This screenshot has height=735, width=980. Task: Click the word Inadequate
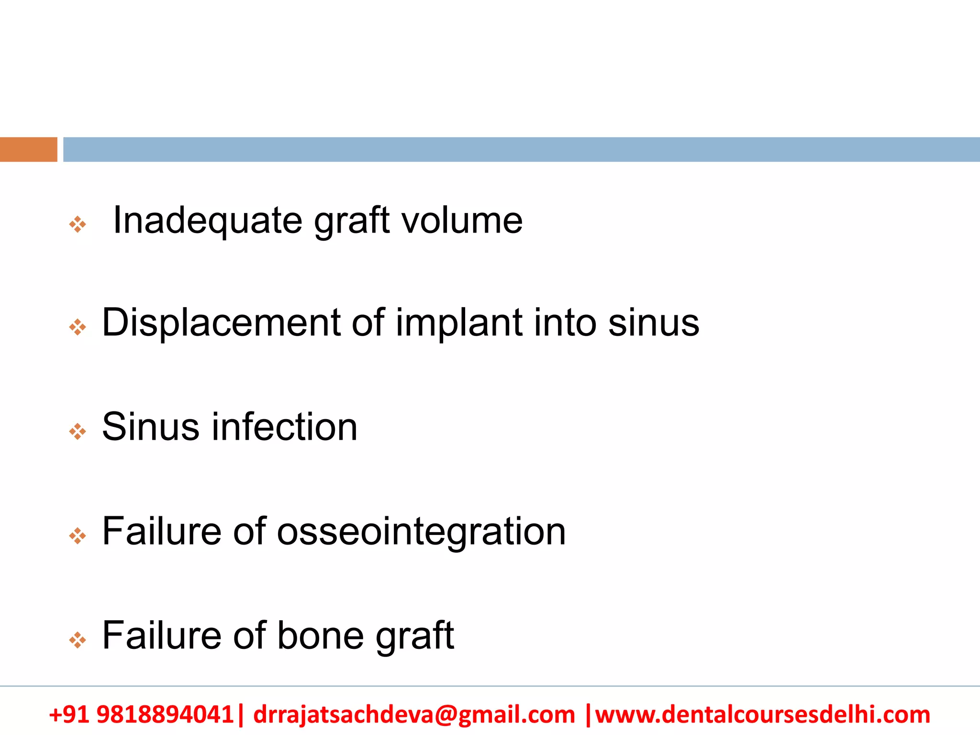tap(207, 221)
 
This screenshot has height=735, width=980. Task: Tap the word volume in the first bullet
tap(462, 221)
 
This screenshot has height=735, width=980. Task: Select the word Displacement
tap(221, 323)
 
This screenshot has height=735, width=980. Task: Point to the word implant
tap(458, 323)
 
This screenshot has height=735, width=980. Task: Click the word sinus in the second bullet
tap(653, 323)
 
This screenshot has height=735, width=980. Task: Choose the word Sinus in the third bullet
tap(150, 427)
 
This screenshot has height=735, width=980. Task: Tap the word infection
tap(284, 427)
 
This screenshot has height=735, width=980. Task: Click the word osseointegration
tap(421, 532)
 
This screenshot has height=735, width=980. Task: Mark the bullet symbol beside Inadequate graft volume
tap(78, 224)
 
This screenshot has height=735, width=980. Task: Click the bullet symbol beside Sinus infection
tap(78, 432)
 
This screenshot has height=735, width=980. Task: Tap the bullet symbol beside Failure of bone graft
tap(78, 640)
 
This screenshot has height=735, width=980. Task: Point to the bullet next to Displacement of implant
tap(78, 328)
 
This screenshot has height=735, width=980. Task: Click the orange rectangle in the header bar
tap(28, 149)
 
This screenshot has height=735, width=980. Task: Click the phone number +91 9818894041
tap(141, 714)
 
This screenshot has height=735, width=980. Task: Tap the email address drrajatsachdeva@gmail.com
tap(414, 714)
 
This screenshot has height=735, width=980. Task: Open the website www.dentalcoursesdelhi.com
tap(762, 714)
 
